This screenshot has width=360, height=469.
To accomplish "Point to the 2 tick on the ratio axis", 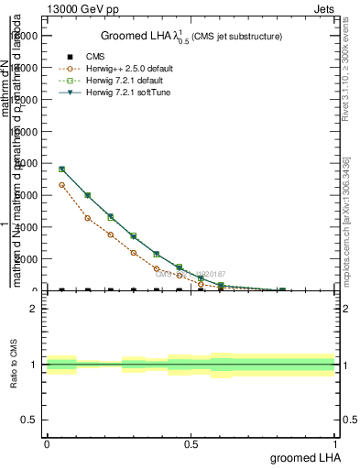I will tap(34, 309).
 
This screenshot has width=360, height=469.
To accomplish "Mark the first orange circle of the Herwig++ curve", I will tap(61, 185).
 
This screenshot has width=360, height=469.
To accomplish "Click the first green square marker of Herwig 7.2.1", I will tap(61, 169).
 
